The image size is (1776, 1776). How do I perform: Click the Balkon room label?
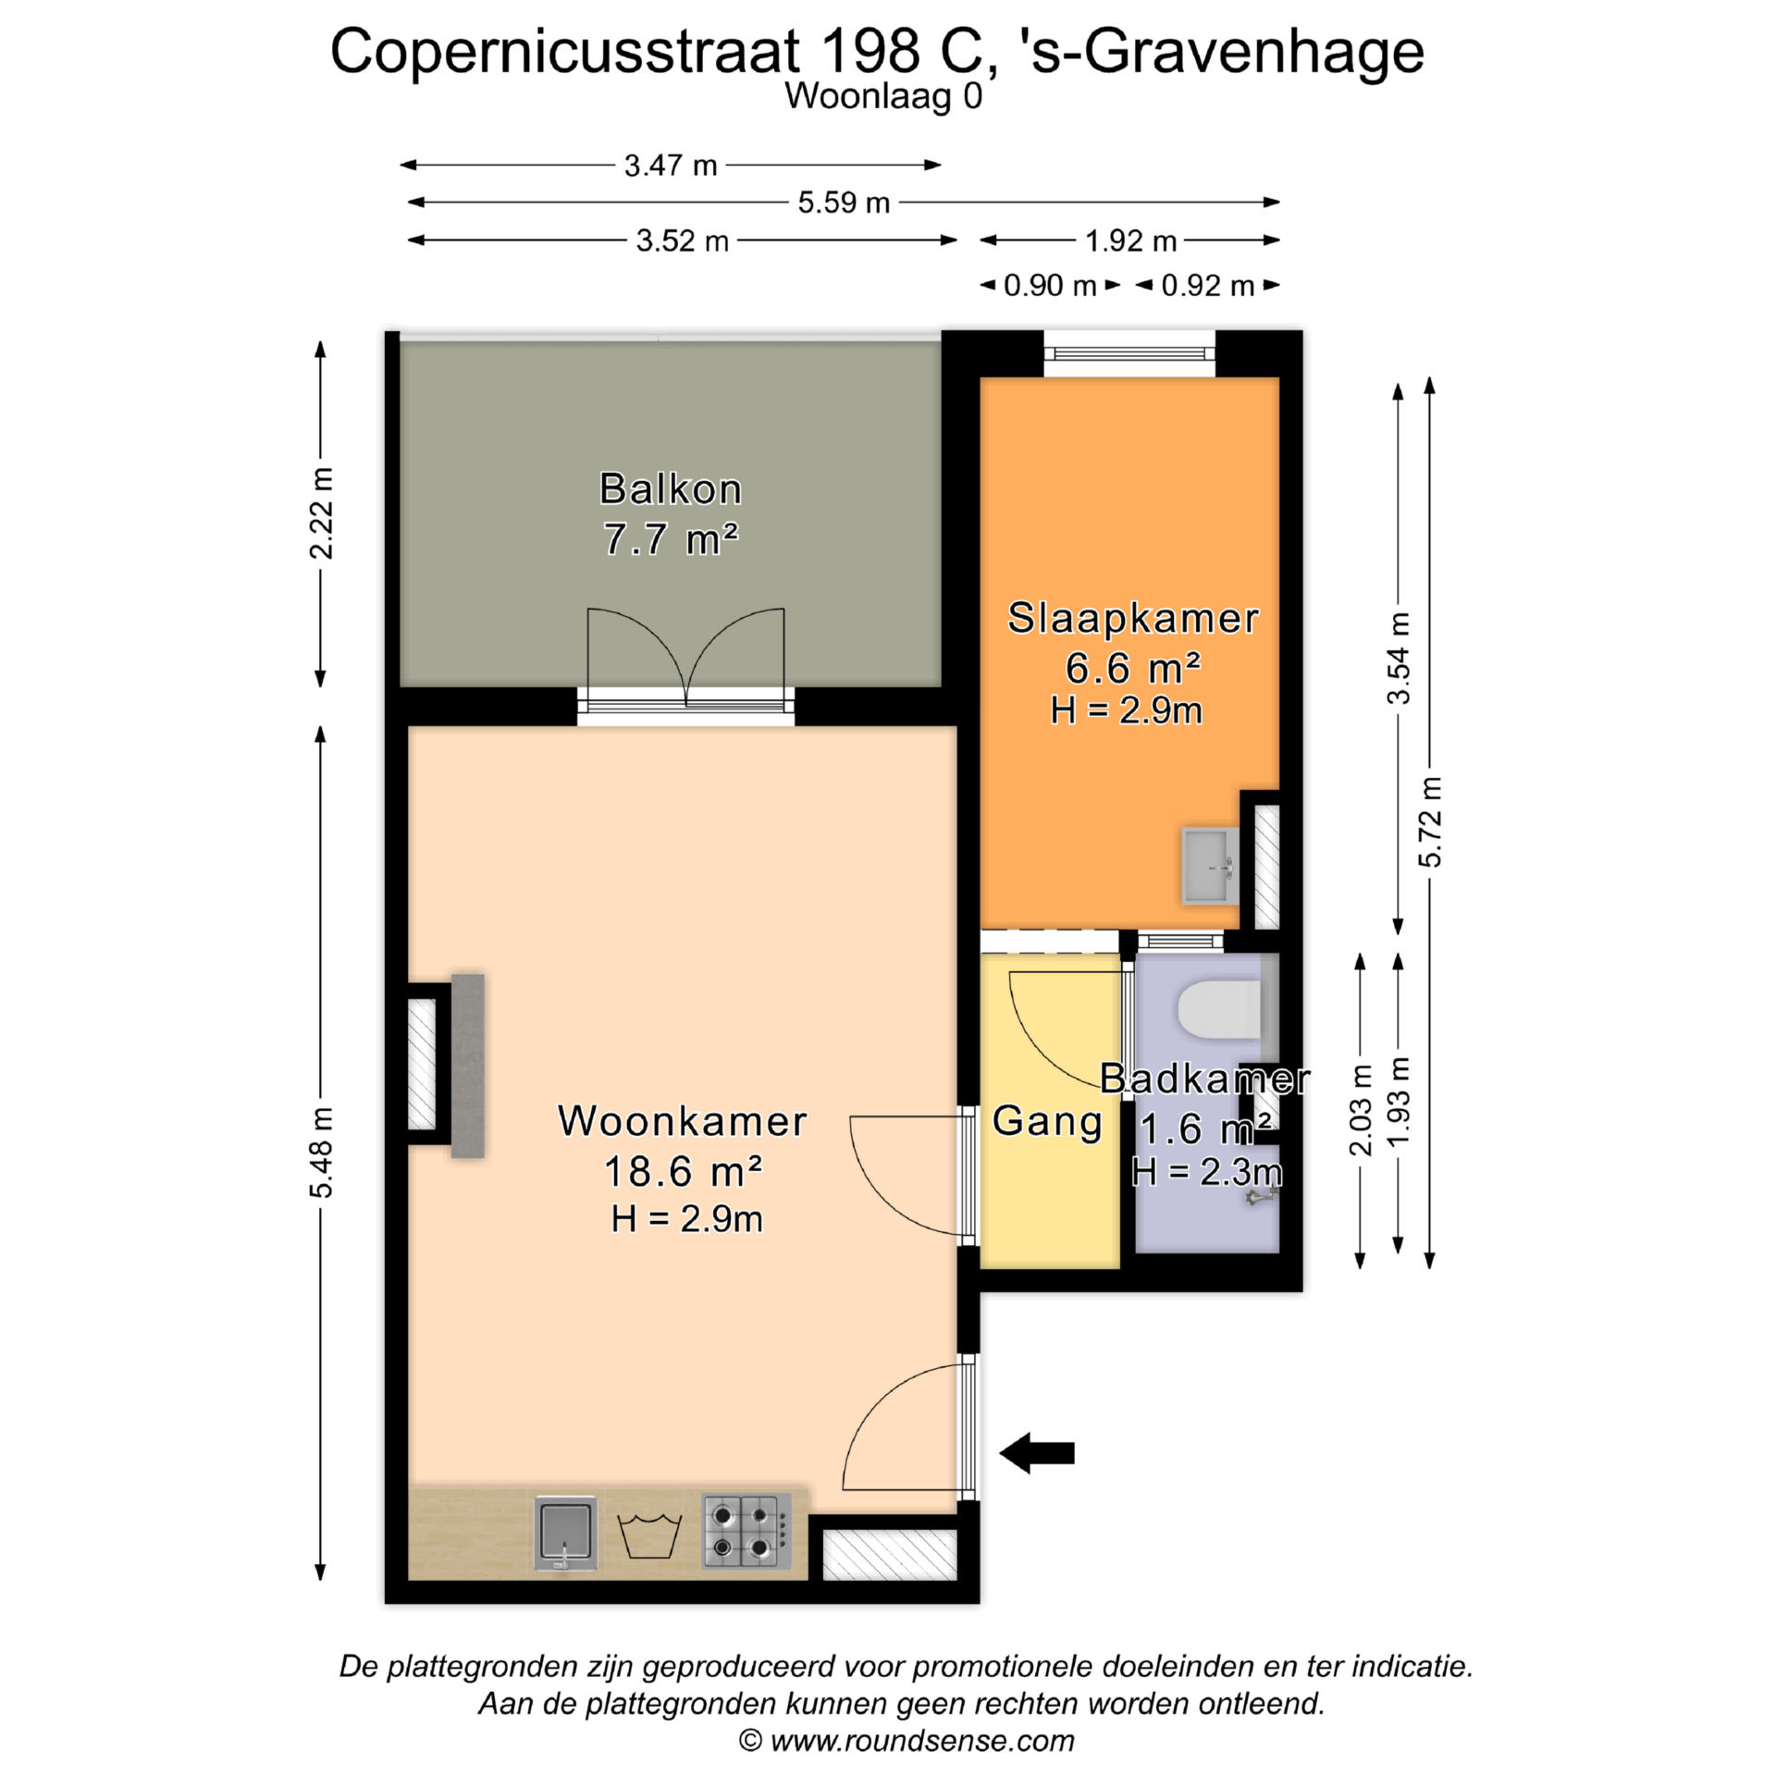(x=671, y=489)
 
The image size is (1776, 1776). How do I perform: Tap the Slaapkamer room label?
(x=1133, y=618)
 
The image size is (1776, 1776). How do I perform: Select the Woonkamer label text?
(x=683, y=1121)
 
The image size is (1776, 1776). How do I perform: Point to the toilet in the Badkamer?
(x=1220, y=1010)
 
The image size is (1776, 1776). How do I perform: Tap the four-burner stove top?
(x=746, y=1532)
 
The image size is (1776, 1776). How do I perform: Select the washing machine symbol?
(x=649, y=1536)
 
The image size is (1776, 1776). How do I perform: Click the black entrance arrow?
(x=1037, y=1453)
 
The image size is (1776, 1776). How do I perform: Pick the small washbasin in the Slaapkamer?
(x=1210, y=865)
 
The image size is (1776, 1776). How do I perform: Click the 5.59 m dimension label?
(x=844, y=203)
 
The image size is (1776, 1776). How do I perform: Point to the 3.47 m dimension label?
(x=671, y=166)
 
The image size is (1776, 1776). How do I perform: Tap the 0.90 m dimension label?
(x=1050, y=286)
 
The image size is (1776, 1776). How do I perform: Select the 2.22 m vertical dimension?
(x=321, y=513)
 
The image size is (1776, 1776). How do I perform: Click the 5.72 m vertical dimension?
(x=1430, y=821)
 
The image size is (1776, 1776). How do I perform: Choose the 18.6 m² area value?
(x=683, y=1172)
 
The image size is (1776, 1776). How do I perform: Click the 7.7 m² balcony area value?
(x=671, y=539)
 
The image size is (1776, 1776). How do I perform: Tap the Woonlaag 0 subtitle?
(x=883, y=96)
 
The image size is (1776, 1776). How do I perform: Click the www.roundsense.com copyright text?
(x=906, y=1741)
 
